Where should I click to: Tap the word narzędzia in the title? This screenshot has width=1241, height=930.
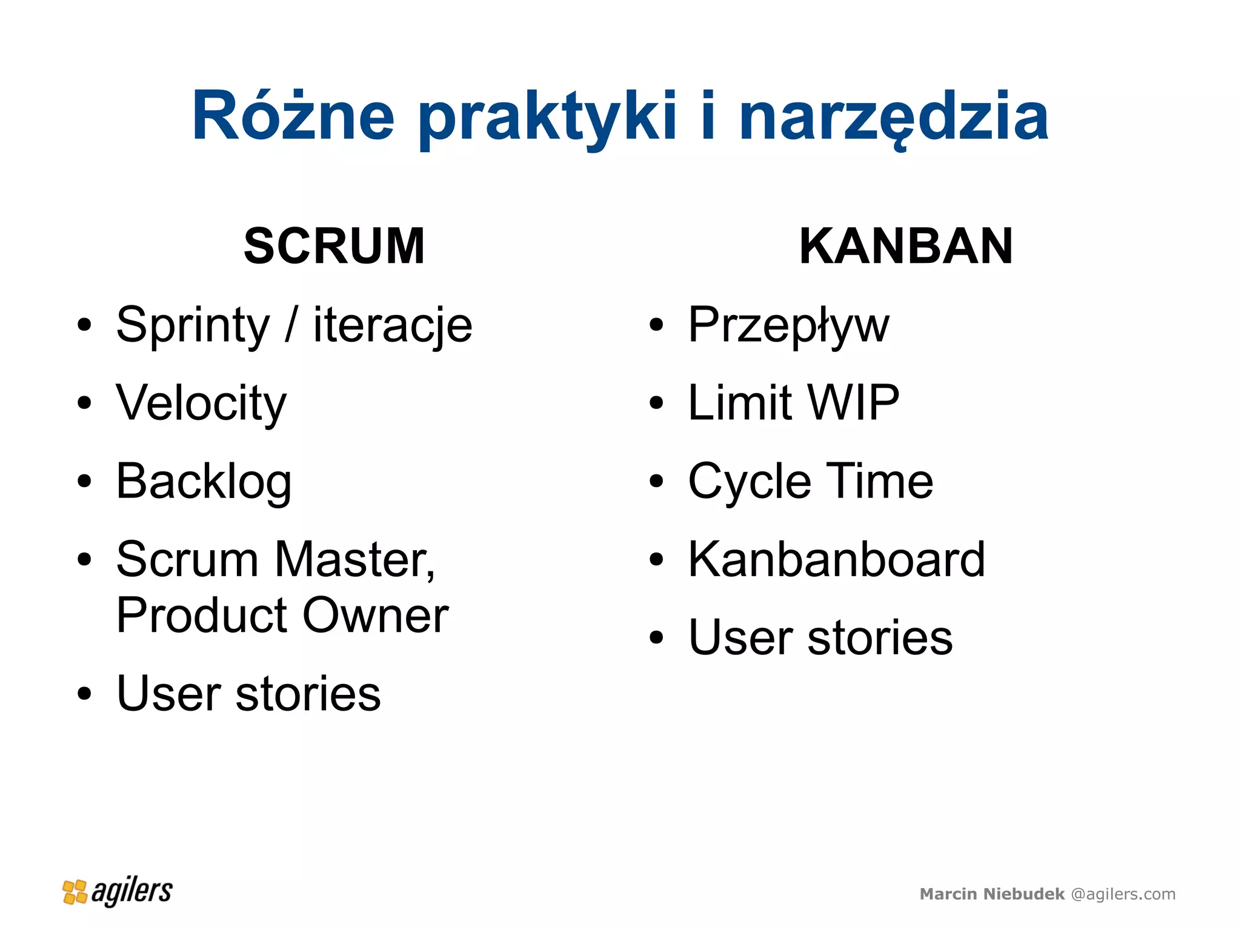pyautogui.click(x=893, y=116)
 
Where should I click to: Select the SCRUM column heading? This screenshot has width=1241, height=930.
pyautogui.click(x=334, y=246)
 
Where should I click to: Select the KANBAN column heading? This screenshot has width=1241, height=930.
pyautogui.click(x=906, y=246)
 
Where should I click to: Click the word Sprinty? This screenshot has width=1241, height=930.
pyautogui.click(x=193, y=326)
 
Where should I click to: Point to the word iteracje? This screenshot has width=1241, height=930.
pyautogui.click(x=393, y=326)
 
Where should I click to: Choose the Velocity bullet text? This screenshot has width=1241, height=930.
pyautogui.click(x=201, y=404)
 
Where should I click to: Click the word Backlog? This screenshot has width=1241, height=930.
pyautogui.click(x=204, y=482)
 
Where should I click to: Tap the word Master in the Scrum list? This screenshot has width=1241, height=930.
pyautogui.click(x=354, y=559)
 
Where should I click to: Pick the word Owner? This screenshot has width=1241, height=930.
pyautogui.click(x=376, y=616)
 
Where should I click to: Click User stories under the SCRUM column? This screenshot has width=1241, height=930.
pyautogui.click(x=248, y=694)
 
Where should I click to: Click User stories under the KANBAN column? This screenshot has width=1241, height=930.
pyautogui.click(x=820, y=637)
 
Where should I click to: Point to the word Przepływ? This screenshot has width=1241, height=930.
pyautogui.click(x=788, y=326)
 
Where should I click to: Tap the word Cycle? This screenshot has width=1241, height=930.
pyautogui.click(x=750, y=482)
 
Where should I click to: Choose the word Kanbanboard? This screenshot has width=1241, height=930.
pyautogui.click(x=836, y=559)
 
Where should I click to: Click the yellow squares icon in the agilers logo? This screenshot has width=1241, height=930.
pyautogui.click(x=75, y=892)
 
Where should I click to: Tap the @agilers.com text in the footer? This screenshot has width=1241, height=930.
pyautogui.click(x=1123, y=894)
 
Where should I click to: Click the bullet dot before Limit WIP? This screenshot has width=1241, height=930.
pyautogui.click(x=656, y=403)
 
